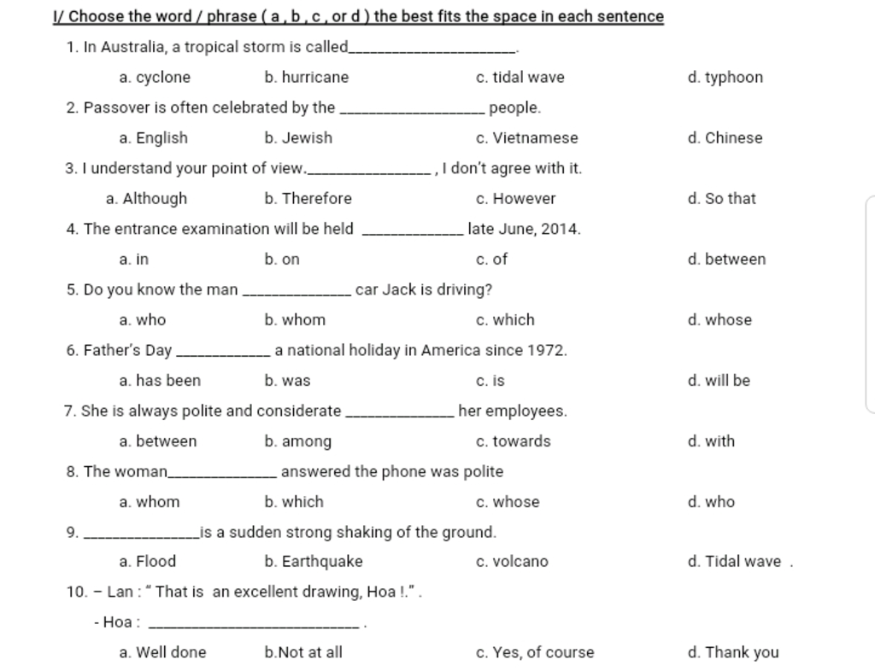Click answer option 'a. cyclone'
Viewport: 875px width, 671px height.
pos(155,78)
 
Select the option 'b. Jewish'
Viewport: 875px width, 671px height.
pos(298,138)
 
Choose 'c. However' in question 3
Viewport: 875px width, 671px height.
pos(515,199)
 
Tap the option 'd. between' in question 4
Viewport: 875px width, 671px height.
pos(726,260)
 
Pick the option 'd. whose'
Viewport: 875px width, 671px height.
pos(719,320)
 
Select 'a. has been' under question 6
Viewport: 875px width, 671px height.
pos(160,381)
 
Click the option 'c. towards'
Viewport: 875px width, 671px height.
pos(513,441)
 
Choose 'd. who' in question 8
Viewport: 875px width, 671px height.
pos(710,502)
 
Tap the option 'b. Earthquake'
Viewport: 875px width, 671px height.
pos(314,562)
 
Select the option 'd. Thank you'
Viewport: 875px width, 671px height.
pos(732,653)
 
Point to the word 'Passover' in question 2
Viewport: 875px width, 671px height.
pos(116,108)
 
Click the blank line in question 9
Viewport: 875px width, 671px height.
pos(143,537)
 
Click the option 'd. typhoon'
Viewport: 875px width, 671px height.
pos(725,78)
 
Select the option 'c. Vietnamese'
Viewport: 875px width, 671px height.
pos(526,138)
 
